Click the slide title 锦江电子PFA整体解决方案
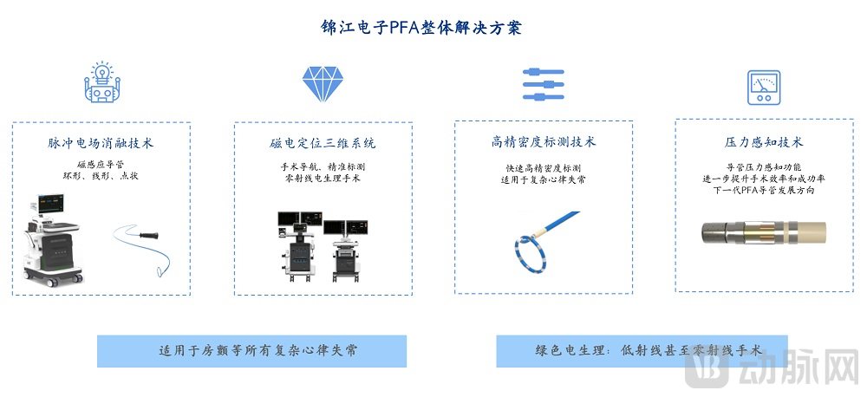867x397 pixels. pos(421,27)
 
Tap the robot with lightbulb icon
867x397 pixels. pos(102,82)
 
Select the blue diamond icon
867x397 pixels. pos(323,84)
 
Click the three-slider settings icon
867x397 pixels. pos(543,84)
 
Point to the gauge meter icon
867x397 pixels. pos(764,88)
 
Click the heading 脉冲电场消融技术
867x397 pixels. pos(101,143)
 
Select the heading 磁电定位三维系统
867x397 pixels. pos(323,143)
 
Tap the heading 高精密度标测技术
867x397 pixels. pos(544,142)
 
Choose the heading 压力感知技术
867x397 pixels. pos(764,142)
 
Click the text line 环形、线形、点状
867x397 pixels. pos(101,176)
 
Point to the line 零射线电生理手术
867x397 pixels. pos(323,178)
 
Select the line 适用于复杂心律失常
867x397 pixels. pos(543,179)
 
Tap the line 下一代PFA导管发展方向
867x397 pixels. pos(763,190)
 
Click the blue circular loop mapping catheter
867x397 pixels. pos(531,251)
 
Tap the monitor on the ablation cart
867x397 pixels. pos(50,203)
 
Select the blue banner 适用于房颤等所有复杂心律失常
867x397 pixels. pos(251,351)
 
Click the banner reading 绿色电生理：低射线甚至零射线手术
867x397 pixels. pos(642,351)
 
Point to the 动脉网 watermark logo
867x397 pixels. pos(773,368)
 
